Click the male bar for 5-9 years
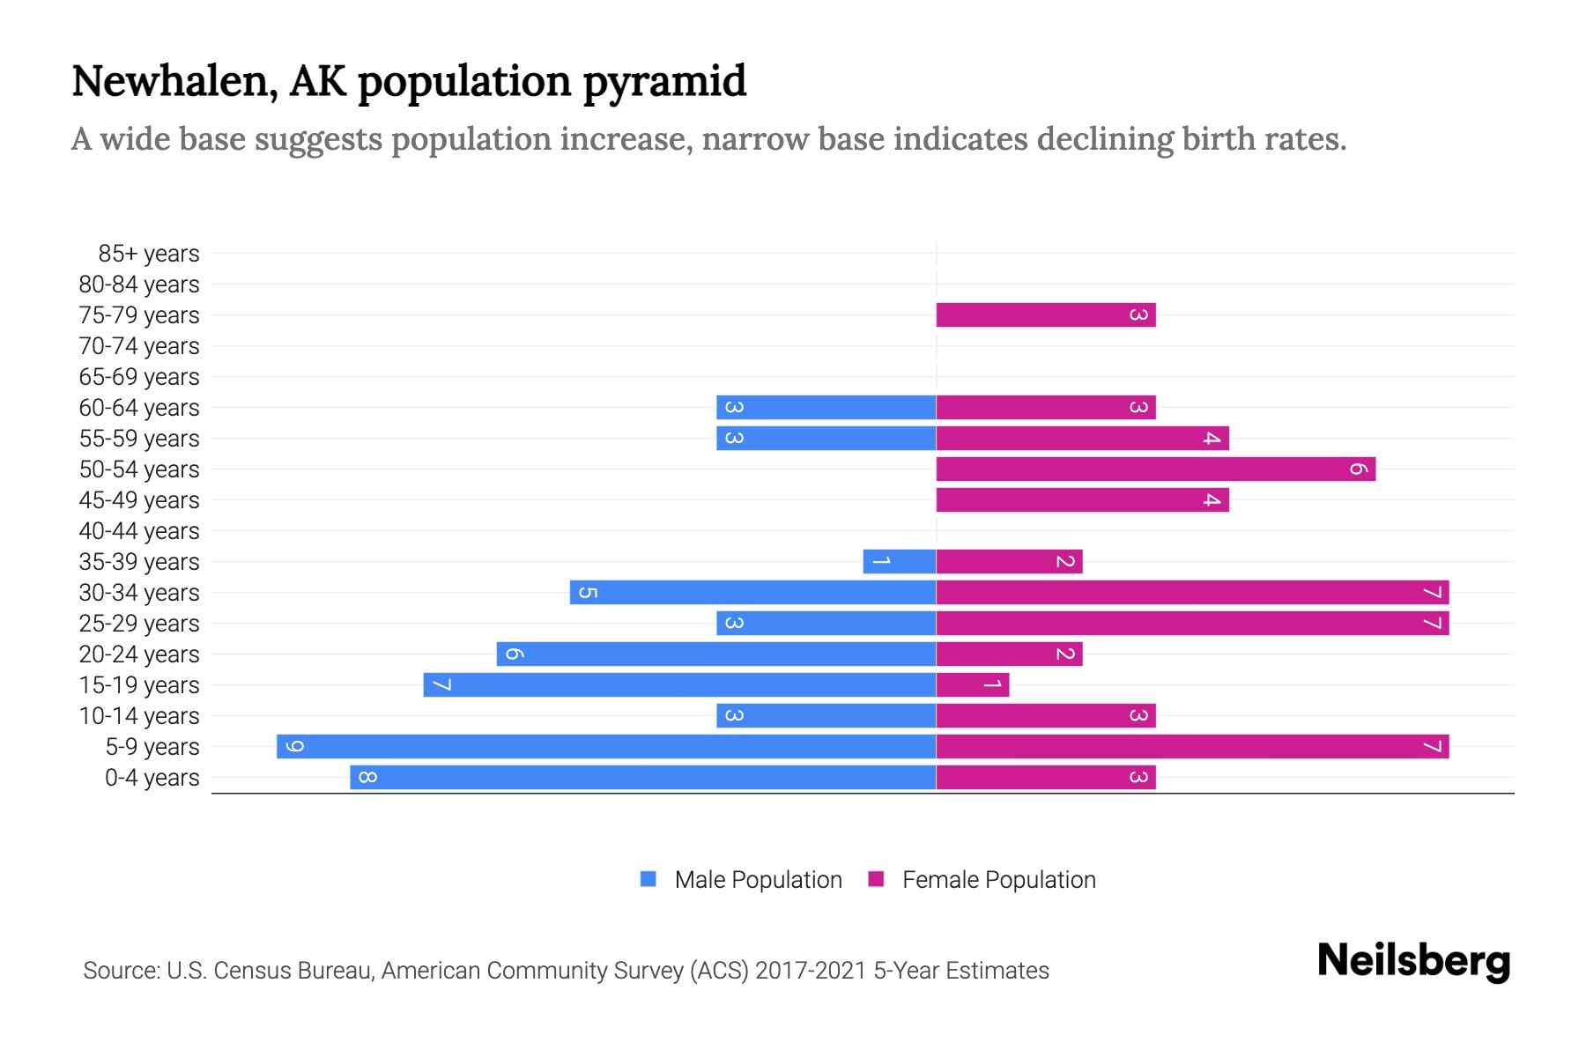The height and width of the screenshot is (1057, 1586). (606, 747)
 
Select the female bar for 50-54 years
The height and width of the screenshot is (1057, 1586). (1155, 469)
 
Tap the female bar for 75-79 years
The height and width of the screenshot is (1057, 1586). (1045, 315)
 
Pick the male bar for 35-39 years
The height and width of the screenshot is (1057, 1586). (899, 562)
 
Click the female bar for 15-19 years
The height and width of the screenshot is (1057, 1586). (972, 685)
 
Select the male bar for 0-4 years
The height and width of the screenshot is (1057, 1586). (642, 778)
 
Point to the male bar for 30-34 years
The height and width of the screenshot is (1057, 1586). (752, 593)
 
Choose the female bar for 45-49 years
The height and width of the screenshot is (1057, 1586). (1082, 500)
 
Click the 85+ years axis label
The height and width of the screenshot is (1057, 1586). (149, 254)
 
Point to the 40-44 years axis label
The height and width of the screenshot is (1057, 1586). (139, 531)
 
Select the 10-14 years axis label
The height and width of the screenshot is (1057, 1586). (139, 716)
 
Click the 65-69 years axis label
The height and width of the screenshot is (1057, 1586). (139, 377)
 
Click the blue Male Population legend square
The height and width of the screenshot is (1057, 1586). (648, 879)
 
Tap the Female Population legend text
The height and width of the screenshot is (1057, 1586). (998, 880)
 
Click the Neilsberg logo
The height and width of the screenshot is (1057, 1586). (1413, 961)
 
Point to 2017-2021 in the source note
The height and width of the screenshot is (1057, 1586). (810, 971)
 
